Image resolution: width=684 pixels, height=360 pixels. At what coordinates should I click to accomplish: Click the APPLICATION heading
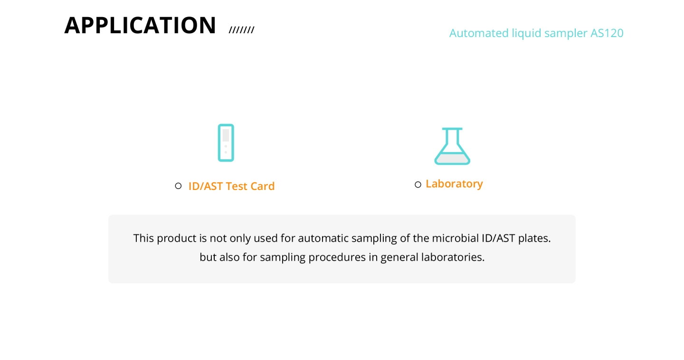tap(140, 25)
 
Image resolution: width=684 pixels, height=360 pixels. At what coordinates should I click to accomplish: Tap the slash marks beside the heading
tap(241, 30)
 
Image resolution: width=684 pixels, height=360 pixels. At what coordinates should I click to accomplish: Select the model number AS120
tap(607, 33)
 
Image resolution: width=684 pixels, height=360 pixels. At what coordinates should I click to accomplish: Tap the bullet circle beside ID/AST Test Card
tap(178, 186)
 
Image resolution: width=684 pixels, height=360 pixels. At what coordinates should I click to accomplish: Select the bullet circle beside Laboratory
tap(418, 184)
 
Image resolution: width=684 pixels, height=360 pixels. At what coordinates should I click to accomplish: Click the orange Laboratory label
tap(454, 184)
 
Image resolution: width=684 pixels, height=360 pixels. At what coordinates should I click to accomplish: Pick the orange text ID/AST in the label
tap(205, 186)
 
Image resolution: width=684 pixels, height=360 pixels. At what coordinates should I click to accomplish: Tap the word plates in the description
tap(534, 238)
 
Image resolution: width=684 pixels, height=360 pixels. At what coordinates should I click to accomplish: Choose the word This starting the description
tap(143, 238)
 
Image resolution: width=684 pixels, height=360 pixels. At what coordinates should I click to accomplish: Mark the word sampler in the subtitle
tap(566, 33)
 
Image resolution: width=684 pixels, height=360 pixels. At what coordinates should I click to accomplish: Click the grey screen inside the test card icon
tap(226, 135)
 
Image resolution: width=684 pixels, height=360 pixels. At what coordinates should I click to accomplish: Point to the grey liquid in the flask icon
tap(452, 158)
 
